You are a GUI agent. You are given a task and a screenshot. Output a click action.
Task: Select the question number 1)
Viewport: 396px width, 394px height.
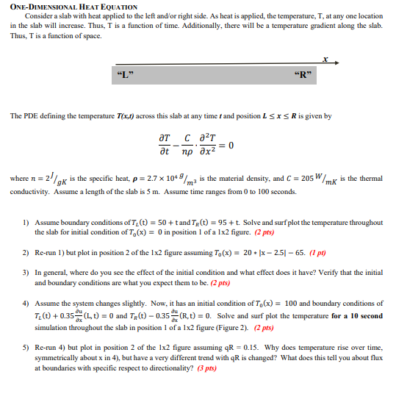click(x=26, y=222)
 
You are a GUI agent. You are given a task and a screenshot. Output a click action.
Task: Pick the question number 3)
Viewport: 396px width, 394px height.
click(x=26, y=272)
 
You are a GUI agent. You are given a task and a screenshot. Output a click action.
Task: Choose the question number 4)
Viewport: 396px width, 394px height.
click(x=26, y=303)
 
